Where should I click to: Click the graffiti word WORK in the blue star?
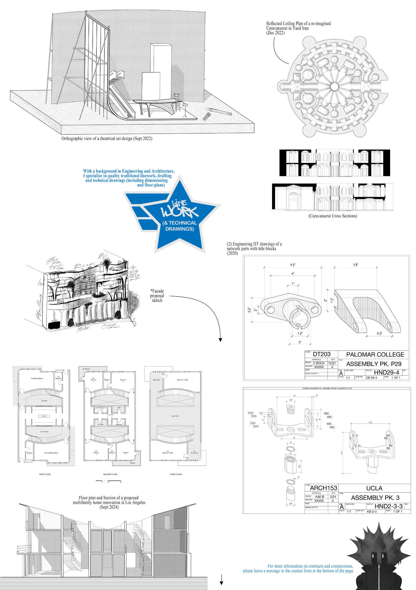point(179,211)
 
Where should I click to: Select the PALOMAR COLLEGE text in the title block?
point(375,355)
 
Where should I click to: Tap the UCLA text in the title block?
point(374,488)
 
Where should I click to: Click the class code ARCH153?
point(323,488)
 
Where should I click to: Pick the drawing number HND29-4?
point(386,372)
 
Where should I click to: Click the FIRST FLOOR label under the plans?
point(45,474)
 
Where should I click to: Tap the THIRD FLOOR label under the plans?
point(176,474)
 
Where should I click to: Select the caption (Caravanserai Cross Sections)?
point(333,216)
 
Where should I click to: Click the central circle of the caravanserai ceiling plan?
point(334,86)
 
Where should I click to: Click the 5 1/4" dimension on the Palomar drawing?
point(293,265)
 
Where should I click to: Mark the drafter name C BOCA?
point(318,363)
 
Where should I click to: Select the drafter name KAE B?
point(319,497)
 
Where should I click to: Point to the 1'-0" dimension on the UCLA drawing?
point(371,422)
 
